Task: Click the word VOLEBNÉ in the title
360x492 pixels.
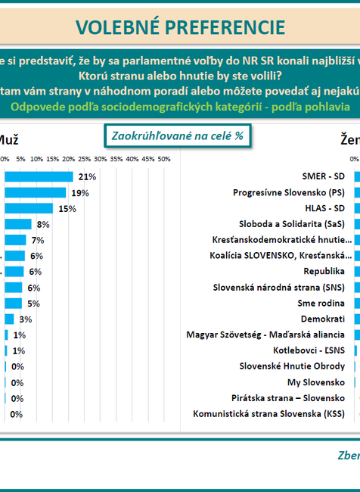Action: tap(116, 27)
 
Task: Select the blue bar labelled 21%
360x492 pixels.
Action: tap(39, 176)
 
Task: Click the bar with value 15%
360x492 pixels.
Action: tap(29, 208)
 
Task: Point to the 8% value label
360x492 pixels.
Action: tap(42, 224)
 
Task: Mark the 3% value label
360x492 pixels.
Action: tap(26, 319)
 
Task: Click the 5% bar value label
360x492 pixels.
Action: tap(33, 304)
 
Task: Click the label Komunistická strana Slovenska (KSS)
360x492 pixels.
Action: tap(268, 414)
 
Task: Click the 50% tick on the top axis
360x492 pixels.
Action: tap(164, 159)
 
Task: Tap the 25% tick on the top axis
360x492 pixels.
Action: tap(84, 159)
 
